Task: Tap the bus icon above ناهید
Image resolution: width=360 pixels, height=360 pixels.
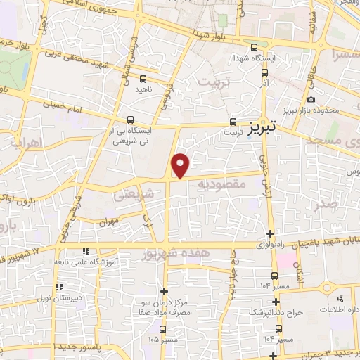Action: tap(143, 79)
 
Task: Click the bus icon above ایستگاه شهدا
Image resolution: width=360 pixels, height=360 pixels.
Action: tap(254, 48)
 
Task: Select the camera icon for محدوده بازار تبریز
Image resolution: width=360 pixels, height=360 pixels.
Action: tap(311, 101)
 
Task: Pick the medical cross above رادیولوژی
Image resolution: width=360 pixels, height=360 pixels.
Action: tap(271, 234)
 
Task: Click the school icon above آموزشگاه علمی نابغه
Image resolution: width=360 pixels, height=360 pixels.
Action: tap(85, 250)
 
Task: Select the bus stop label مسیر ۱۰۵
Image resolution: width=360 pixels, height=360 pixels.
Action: tap(164, 338)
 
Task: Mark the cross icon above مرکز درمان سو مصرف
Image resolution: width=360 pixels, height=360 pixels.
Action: tap(164, 290)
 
